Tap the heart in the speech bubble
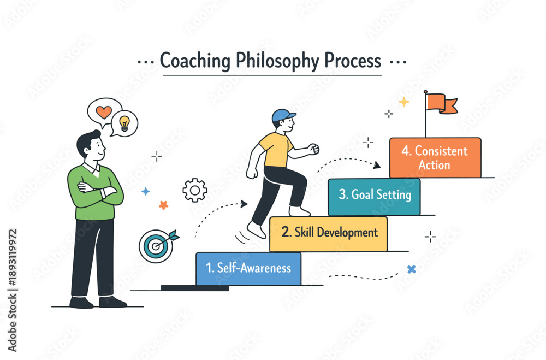[x=104, y=112]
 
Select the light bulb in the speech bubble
[x=124, y=123]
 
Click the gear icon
[x=195, y=190]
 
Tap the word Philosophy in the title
[x=277, y=61]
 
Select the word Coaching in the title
[x=195, y=61]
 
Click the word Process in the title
[x=353, y=61]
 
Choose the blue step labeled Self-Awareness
[x=248, y=268]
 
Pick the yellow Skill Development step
[x=328, y=233]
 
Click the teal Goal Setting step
[x=375, y=197]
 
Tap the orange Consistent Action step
[x=435, y=157]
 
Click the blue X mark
[x=412, y=269]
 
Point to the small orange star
[x=163, y=205]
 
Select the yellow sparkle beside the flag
[x=404, y=102]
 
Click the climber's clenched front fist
[x=313, y=149]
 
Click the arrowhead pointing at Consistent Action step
[x=377, y=165]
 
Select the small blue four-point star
[x=146, y=191]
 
